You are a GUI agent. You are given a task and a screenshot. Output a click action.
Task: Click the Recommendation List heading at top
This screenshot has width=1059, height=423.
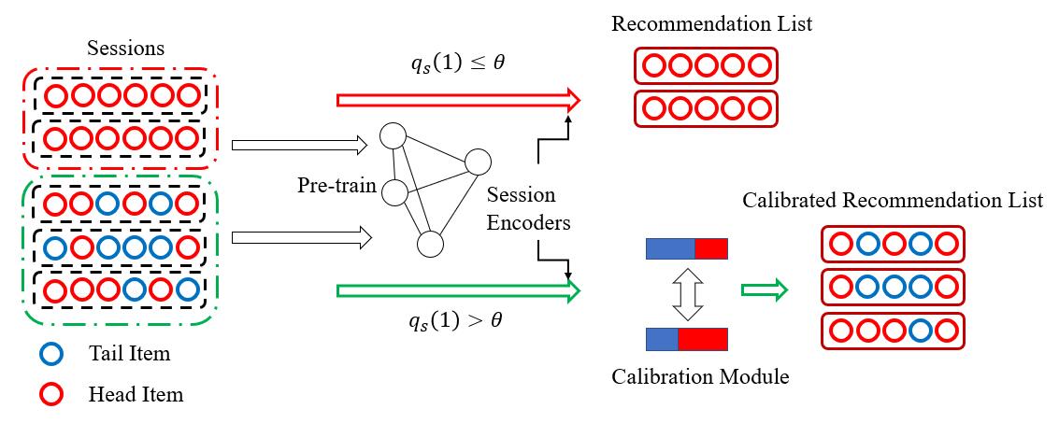click(711, 22)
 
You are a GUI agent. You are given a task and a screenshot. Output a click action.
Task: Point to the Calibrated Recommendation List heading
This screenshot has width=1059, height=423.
click(893, 201)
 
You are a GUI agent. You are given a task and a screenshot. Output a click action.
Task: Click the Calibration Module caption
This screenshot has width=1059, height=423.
click(700, 377)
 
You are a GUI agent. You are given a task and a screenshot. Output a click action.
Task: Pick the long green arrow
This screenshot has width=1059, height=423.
click(458, 291)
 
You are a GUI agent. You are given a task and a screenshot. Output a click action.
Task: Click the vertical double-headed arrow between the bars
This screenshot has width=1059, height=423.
click(685, 293)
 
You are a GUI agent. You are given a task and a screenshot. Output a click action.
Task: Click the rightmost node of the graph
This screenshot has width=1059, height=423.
click(477, 162)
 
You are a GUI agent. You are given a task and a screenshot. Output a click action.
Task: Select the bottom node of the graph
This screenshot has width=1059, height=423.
click(429, 245)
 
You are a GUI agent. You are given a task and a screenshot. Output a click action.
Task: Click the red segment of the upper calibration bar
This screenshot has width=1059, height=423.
click(710, 248)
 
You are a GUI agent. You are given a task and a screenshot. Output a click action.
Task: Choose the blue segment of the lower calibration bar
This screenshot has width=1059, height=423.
click(662, 338)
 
